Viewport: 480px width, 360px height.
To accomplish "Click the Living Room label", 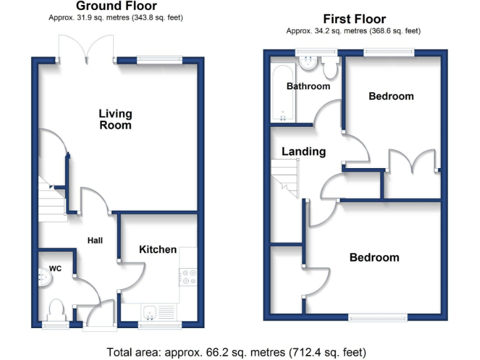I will [x=116, y=119].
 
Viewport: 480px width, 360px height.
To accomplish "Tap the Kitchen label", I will [x=157, y=249].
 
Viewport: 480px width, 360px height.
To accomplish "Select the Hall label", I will [x=95, y=240].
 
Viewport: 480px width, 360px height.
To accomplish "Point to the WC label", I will [x=56, y=269].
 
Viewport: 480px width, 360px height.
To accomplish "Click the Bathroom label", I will [x=308, y=86].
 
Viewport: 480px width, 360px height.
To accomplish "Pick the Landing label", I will [x=304, y=151].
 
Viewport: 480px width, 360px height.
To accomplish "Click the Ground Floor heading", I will [x=116, y=6].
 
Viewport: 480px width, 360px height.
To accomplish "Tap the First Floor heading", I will [x=354, y=19].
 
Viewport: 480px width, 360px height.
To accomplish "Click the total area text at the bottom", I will [x=236, y=352].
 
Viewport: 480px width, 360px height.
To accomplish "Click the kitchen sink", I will [x=150, y=311].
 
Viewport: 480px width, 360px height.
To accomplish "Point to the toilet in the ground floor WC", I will [x=56, y=309].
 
